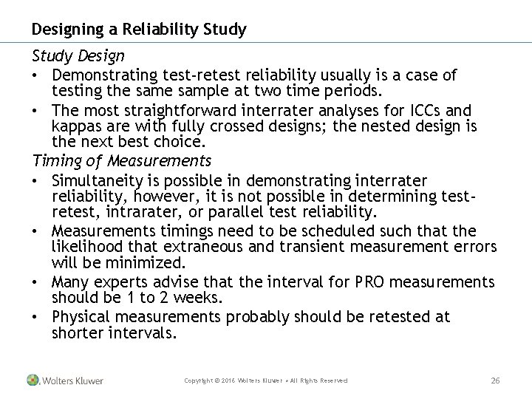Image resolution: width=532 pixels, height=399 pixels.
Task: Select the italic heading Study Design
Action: tap(78, 56)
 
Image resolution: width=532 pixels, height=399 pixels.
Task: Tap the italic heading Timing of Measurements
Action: tap(121, 160)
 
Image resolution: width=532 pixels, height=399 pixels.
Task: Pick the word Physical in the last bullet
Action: tap(81, 317)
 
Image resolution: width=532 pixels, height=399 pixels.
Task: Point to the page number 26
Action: tap(496, 381)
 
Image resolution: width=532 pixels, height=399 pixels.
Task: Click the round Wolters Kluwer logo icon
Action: tap(33, 381)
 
